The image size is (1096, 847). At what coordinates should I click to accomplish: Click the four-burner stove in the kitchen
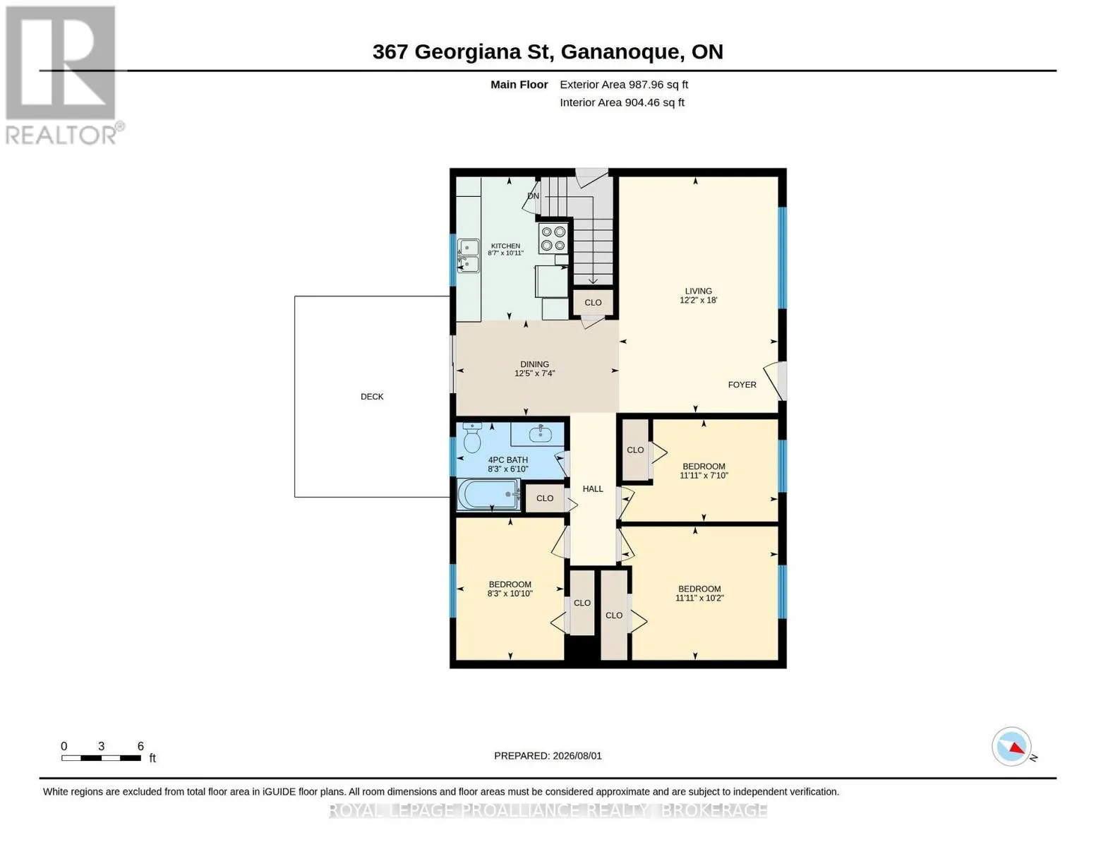coord(553,239)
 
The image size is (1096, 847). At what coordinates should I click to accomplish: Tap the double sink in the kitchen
coord(469,256)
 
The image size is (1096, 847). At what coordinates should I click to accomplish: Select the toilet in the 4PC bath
coord(472,438)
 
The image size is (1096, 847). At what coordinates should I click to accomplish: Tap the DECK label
coord(372,397)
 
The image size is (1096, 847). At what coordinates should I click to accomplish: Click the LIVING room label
coord(699,291)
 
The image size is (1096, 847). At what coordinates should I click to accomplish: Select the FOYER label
coord(742,385)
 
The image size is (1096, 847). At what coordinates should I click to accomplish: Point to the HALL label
coord(593,488)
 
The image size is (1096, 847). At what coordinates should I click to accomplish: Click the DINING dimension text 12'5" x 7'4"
coord(535,373)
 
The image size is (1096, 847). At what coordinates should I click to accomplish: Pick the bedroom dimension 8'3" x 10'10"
coord(510,594)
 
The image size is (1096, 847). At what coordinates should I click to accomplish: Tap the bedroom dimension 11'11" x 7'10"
coord(704,475)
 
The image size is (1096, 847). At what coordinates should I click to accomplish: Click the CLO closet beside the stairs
coord(593,302)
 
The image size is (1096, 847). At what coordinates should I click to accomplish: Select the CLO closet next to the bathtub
coord(545,498)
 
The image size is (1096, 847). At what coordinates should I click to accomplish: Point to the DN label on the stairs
coord(533,196)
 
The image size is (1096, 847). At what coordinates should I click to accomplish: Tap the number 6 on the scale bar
coord(140,745)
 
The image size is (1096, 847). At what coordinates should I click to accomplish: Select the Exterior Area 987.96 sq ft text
coord(624,85)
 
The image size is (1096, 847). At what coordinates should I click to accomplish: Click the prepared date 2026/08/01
coord(577,756)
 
